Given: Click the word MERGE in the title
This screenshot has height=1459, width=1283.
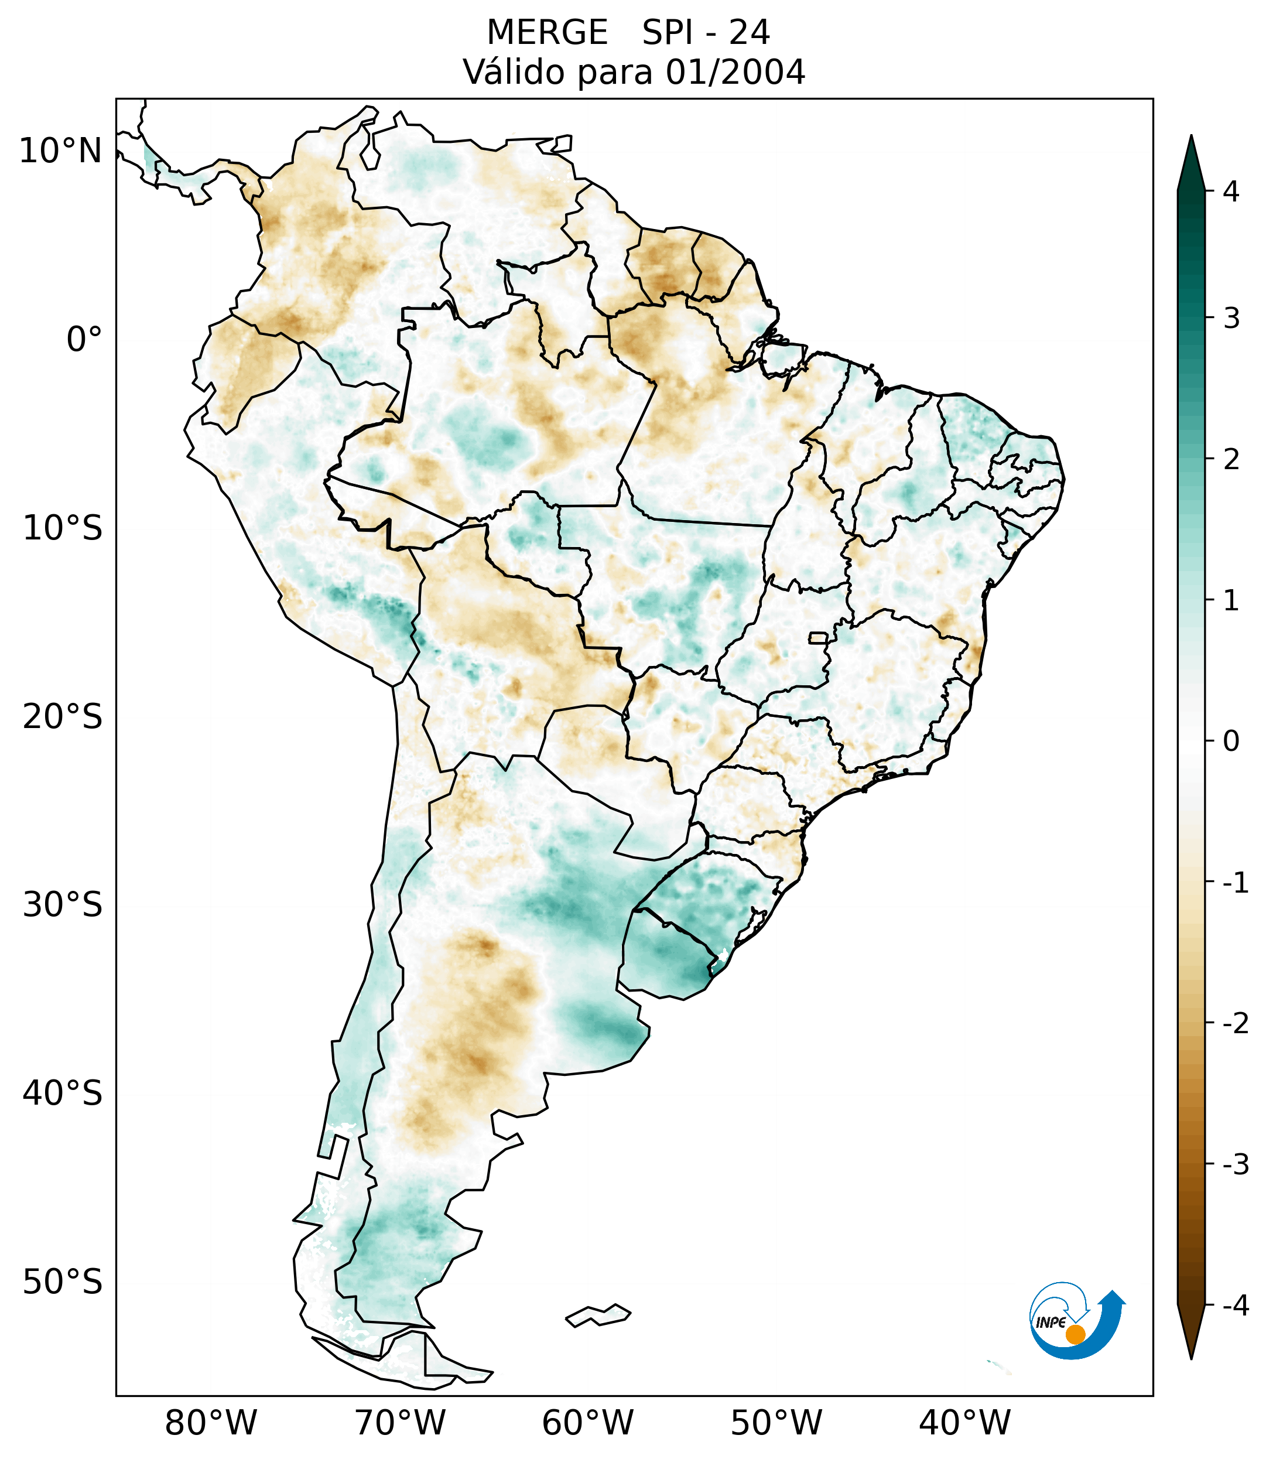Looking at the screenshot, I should pyautogui.click(x=548, y=33).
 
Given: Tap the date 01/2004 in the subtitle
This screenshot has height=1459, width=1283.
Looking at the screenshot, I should pyautogui.click(x=735, y=72).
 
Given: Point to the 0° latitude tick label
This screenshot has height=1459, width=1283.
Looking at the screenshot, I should pyautogui.click(x=84, y=340).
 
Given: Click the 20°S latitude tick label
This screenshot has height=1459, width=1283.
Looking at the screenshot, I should pyautogui.click(x=63, y=716).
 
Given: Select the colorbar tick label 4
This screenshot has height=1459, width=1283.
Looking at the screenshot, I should pyautogui.click(x=1231, y=192).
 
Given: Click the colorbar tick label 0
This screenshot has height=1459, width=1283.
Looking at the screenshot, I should pyautogui.click(x=1231, y=742).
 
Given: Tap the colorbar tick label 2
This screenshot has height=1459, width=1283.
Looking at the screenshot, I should pyautogui.click(x=1231, y=460).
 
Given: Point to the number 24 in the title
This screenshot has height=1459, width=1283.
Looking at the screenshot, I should pyautogui.click(x=750, y=33).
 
